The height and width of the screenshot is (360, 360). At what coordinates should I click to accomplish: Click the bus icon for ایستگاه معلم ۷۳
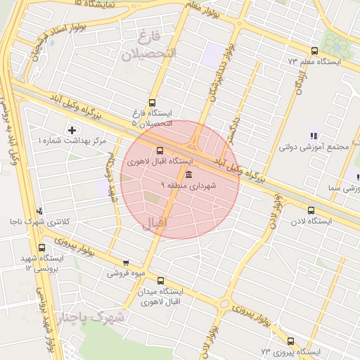(x=314, y=51)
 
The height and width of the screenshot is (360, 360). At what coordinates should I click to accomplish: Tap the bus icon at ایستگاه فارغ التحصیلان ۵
(x=153, y=103)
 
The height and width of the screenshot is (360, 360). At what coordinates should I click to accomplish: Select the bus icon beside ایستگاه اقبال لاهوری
(x=160, y=150)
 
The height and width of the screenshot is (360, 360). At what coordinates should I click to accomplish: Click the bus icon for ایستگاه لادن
(x=311, y=210)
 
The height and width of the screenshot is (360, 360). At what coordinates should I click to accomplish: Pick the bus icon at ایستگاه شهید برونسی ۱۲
(x=42, y=247)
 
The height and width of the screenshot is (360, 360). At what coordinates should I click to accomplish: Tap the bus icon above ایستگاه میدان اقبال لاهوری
(x=160, y=281)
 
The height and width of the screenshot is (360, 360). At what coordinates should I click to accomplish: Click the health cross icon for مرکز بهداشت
(x=72, y=130)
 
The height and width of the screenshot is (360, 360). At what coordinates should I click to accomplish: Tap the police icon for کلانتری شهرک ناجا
(x=40, y=210)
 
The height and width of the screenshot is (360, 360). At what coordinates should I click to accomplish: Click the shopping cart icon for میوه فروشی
(x=126, y=262)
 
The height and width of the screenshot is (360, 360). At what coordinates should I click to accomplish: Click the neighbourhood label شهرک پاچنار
(x=91, y=318)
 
